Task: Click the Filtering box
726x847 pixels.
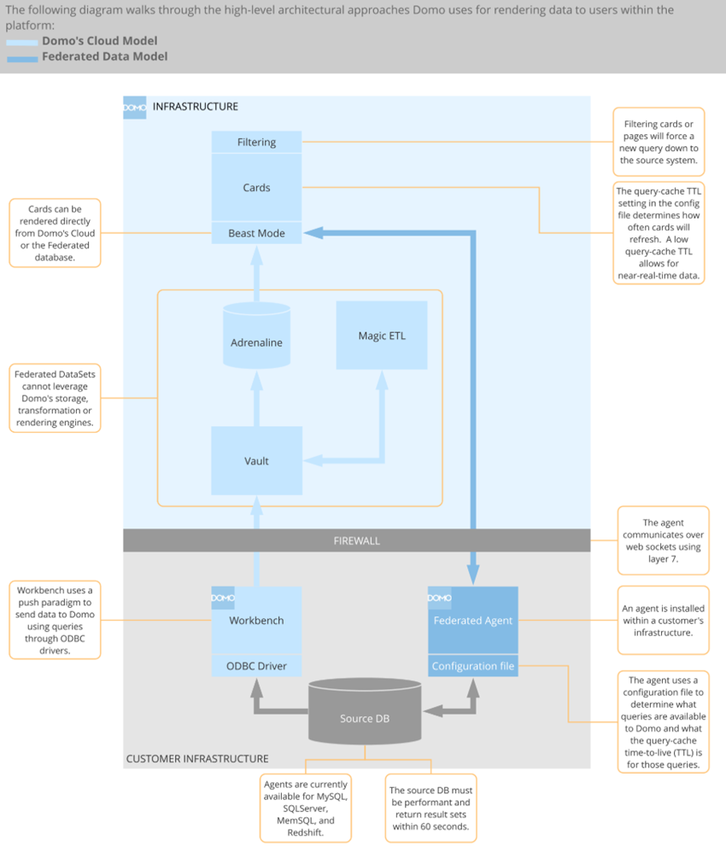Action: pyautogui.click(x=256, y=142)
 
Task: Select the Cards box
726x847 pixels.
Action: pyautogui.click(x=256, y=188)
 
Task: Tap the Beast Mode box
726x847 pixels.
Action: pyautogui.click(x=256, y=233)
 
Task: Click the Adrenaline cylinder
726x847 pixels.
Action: pyautogui.click(x=256, y=342)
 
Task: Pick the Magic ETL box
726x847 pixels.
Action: pyautogui.click(x=382, y=336)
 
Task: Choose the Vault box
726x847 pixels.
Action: pyautogui.click(x=256, y=461)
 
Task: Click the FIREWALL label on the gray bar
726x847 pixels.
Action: pyautogui.click(x=356, y=540)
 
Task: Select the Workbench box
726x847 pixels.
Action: pyautogui.click(x=256, y=621)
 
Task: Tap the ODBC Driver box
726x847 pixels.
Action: pyautogui.click(x=256, y=666)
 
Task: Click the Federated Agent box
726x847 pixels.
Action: pyautogui.click(x=472, y=621)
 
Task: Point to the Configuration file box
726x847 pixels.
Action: pyautogui.click(x=472, y=666)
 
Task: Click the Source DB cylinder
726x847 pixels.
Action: pyautogui.click(x=365, y=718)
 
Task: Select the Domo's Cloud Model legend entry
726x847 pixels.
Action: pyautogui.click(x=99, y=41)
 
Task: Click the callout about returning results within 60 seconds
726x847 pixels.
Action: pyautogui.click(x=431, y=808)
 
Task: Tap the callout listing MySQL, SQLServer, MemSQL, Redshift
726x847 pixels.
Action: pyautogui.click(x=306, y=808)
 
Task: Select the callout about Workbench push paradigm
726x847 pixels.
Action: pyautogui.click(x=55, y=621)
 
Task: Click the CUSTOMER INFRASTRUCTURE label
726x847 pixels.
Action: pyautogui.click(x=197, y=758)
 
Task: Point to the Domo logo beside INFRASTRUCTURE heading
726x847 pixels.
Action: pyautogui.click(x=135, y=107)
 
